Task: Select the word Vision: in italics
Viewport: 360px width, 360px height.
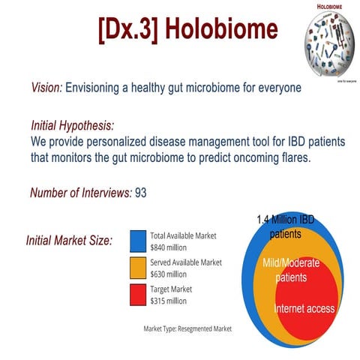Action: [46, 88]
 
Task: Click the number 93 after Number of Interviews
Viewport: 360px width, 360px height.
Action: [140, 193]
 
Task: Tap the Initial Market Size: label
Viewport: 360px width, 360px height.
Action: [69, 241]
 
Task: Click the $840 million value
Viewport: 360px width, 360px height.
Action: [169, 247]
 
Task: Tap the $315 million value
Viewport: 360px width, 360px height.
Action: [169, 301]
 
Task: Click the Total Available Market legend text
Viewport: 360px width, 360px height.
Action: [183, 235]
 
